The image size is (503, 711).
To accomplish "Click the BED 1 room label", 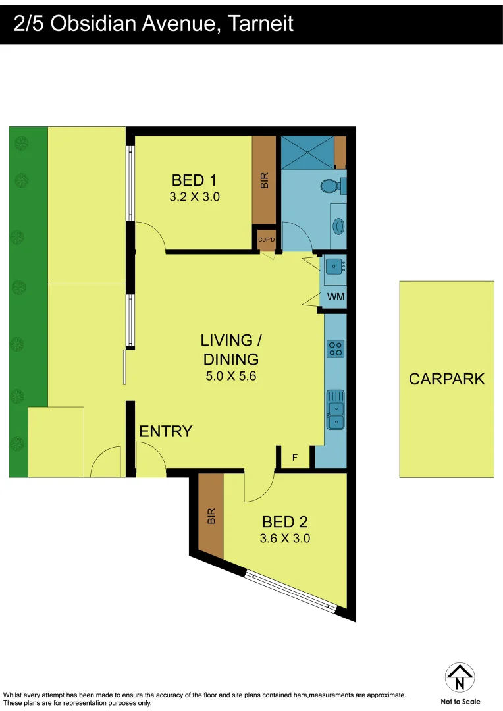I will pyautogui.click(x=194, y=180).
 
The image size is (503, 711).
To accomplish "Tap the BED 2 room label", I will pyautogui.click(x=285, y=522).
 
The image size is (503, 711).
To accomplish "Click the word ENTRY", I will pyautogui.click(x=166, y=431).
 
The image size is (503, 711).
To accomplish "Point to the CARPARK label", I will pyautogui.click(x=446, y=379).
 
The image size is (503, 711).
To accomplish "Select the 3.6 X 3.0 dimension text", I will pyautogui.click(x=286, y=539).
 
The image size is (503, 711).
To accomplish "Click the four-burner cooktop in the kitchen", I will pyautogui.click(x=336, y=348).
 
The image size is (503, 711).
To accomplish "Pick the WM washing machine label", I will pyautogui.click(x=336, y=297).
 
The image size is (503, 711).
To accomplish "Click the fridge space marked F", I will pyautogui.click(x=294, y=458).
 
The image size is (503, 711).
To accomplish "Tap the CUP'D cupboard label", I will pyautogui.click(x=267, y=240).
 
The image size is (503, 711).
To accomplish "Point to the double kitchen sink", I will pyautogui.click(x=336, y=409).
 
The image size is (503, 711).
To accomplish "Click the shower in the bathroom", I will pyautogui.click(x=307, y=152).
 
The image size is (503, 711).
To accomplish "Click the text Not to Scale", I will pyautogui.click(x=460, y=702).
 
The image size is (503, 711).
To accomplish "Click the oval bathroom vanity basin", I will pyautogui.click(x=339, y=226).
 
